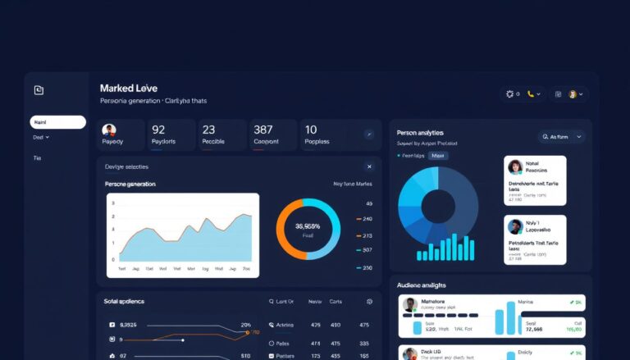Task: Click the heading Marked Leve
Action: [x=128, y=88]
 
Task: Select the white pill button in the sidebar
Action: [x=57, y=122]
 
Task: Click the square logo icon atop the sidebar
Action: [x=39, y=90]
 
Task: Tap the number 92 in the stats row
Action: [x=158, y=130]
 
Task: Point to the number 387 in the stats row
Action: [x=263, y=130]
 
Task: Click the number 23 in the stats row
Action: [x=208, y=130]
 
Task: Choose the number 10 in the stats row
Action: [x=311, y=130]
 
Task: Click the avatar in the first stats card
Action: [x=109, y=130]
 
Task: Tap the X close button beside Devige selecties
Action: [x=368, y=166]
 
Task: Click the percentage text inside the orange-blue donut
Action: [x=307, y=226]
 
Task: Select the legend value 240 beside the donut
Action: [x=367, y=219]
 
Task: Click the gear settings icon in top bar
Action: [x=509, y=94]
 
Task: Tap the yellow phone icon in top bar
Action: [x=531, y=94]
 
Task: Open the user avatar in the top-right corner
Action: [x=573, y=94]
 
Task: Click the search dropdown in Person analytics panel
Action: [x=561, y=137]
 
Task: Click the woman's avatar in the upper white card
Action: [x=515, y=166]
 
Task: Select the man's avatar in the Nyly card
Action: [x=515, y=227]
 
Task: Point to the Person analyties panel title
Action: [x=420, y=132]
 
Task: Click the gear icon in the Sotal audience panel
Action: [x=369, y=302]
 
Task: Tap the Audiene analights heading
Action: [x=421, y=285]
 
